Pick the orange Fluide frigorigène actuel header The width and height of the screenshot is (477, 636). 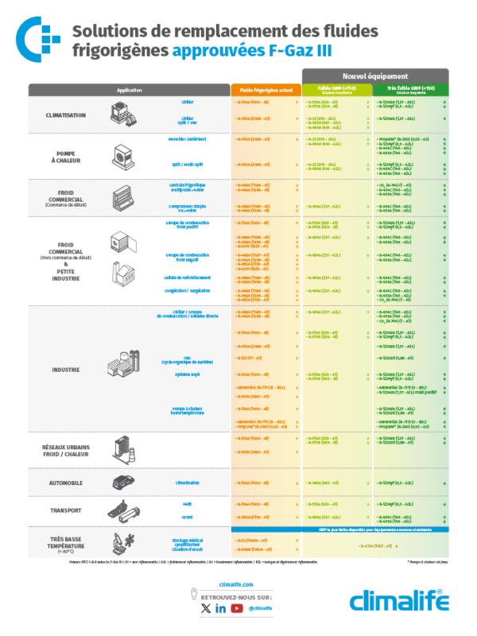coord(266,89)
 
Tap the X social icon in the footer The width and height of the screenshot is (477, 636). coord(205,608)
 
